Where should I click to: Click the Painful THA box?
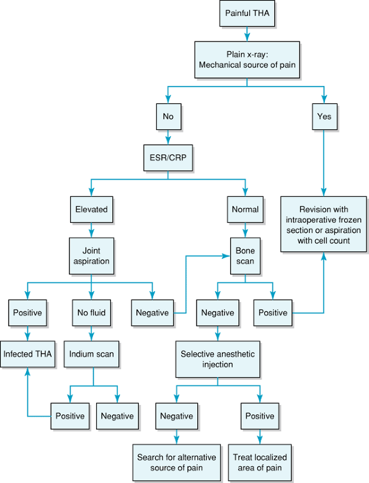tap(247, 13)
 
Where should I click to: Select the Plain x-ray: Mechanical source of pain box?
tap(247, 60)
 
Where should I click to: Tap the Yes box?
tap(324, 116)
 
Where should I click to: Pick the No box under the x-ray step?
tap(169, 116)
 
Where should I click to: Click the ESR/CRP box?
tap(168, 158)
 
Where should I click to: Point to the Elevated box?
tap(91, 209)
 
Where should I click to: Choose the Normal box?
tap(246, 209)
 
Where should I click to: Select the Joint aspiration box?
tap(91, 256)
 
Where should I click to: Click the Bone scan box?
tap(246, 256)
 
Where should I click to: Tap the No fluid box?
tap(91, 313)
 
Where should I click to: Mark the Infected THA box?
tap(27, 354)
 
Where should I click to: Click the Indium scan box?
tap(91, 354)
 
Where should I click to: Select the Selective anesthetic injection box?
tap(218, 359)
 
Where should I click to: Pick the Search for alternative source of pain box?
tap(177, 463)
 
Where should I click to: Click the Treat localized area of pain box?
tap(260, 463)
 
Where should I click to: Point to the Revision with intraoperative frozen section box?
tap(324, 224)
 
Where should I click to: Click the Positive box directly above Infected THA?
tap(27, 313)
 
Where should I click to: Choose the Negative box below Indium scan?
tap(117, 416)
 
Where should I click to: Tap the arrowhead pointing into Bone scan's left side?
tap(227, 256)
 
